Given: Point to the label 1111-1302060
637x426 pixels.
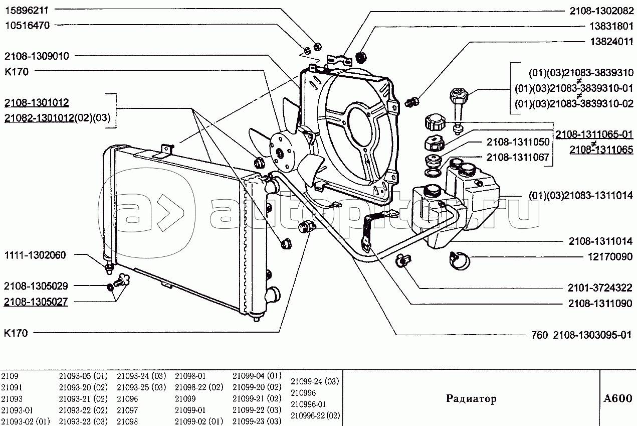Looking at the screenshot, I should pos(35,255).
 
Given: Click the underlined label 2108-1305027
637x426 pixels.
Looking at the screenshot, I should pos(36,302).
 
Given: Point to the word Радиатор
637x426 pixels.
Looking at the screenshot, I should pos(471,399).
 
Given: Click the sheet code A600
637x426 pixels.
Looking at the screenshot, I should pos(617,399).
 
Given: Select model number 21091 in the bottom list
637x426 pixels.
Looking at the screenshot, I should pos(12,387).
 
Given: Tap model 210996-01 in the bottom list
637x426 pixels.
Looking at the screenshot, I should pos(308,404).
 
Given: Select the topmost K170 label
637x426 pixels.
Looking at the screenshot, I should pos(16,72).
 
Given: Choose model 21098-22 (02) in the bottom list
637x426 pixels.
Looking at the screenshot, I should pos(198,387).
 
